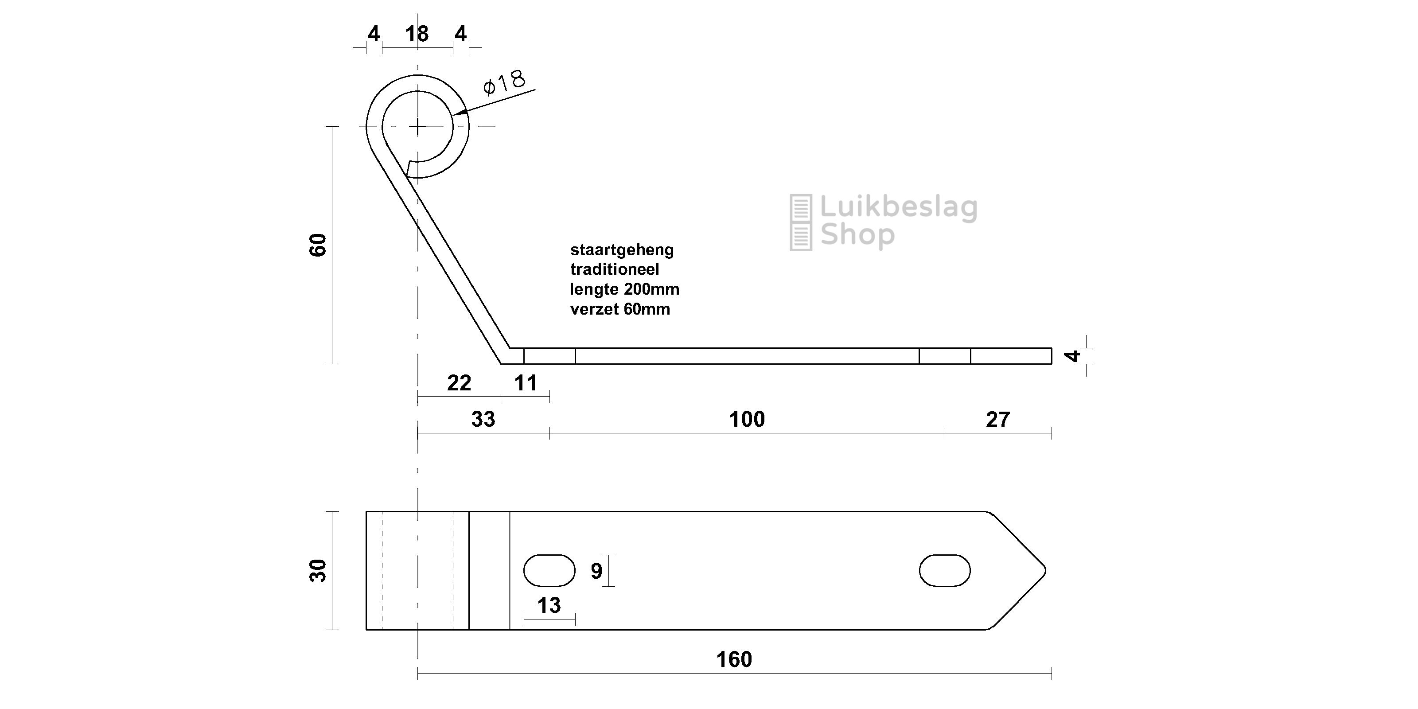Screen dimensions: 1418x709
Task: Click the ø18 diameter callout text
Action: point(504,82)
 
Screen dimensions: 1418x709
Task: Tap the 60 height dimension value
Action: point(318,245)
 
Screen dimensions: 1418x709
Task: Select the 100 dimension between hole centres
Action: point(747,420)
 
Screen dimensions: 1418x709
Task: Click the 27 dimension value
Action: point(997,420)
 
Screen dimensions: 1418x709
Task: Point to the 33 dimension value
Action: point(483,420)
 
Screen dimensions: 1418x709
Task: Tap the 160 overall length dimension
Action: point(734,659)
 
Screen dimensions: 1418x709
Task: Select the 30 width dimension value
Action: point(318,570)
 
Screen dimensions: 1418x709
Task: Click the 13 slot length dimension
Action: point(549,605)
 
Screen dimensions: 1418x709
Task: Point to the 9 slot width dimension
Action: point(596,571)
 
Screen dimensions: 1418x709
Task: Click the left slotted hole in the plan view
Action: point(549,570)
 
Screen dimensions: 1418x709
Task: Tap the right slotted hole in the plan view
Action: point(945,570)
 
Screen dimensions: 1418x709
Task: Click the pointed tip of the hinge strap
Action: point(1045,570)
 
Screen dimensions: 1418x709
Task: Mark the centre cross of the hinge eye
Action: point(418,127)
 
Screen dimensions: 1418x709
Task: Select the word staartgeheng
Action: point(622,250)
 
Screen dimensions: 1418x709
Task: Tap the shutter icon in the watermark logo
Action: point(801,222)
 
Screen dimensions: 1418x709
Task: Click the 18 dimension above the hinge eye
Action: point(417,34)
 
